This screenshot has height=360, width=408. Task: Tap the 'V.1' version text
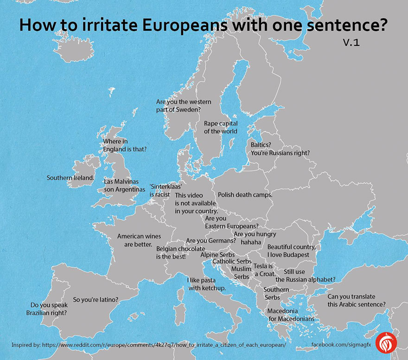tap(351, 43)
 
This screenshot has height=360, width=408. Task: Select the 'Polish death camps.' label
tap(245, 195)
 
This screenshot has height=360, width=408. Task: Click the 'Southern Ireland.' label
tap(70, 178)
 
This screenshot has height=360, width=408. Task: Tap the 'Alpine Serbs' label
tap(217, 255)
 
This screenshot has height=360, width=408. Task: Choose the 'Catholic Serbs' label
tap(232, 262)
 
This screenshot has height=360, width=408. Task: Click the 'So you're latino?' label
tap(96, 300)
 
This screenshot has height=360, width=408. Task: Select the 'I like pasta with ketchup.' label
tap(206, 284)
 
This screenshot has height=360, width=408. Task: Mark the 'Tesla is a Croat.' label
tap(265, 270)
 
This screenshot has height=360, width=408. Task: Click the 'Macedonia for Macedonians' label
tap(291, 315)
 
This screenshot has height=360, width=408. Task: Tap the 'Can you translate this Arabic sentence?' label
tap(357, 301)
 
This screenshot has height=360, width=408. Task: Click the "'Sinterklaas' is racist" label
tap(159, 191)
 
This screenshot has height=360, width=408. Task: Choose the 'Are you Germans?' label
tap(211, 241)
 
